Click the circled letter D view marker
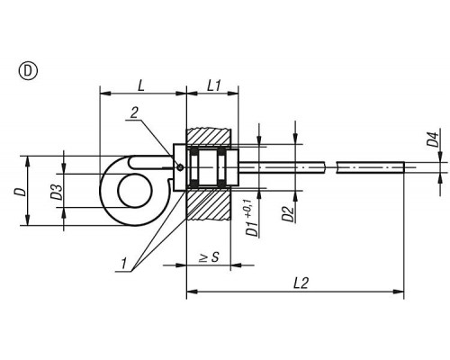click(29, 71)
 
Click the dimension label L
click(141, 85)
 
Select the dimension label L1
click(214, 86)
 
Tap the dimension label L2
click(301, 283)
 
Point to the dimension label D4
click(433, 139)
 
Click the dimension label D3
click(57, 192)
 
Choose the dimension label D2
click(288, 213)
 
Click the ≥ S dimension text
click(210, 257)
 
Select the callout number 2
click(134, 112)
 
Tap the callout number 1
click(123, 264)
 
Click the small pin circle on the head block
click(180, 167)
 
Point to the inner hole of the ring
click(135, 192)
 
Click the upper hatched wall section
click(209, 137)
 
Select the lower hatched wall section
click(209, 205)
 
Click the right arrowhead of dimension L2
click(398, 291)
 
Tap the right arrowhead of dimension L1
click(233, 94)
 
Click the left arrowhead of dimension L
click(105, 94)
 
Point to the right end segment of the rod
click(370, 167)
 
